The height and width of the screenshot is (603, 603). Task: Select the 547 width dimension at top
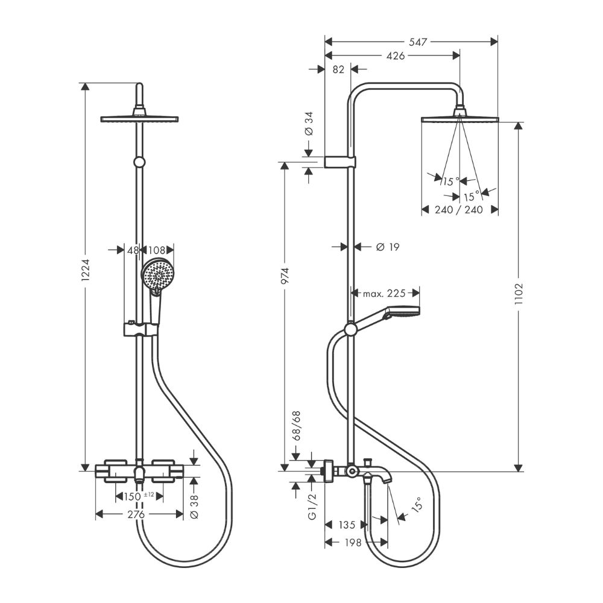point(417,42)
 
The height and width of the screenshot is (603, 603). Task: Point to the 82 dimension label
point(338,69)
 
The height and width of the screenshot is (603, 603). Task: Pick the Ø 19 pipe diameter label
point(387,247)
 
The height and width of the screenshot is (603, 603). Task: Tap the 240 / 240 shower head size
point(459,210)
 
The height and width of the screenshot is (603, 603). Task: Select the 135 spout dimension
point(347,525)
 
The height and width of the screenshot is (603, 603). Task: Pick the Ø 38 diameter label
point(194,505)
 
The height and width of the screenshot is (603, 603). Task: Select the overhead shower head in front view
point(140,118)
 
